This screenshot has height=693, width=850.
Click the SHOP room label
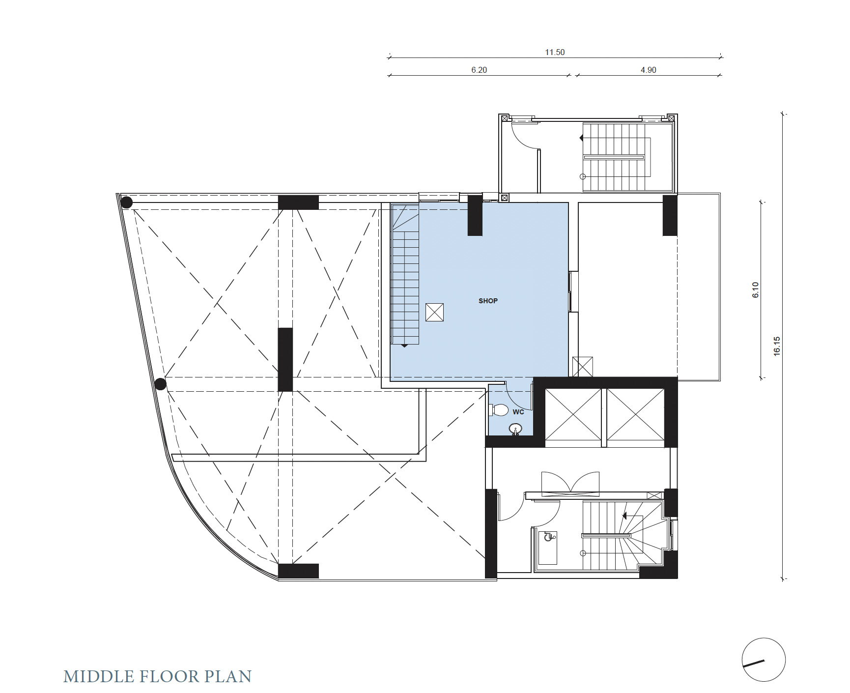point(488,301)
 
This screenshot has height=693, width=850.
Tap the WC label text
point(518,412)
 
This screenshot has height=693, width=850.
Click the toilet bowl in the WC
point(499,409)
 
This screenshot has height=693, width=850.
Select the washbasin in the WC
point(515,429)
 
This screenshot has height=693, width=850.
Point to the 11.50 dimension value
point(555,52)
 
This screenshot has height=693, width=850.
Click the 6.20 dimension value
point(479,70)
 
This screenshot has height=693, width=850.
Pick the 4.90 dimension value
point(649,70)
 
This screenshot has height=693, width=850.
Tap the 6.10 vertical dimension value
point(756,290)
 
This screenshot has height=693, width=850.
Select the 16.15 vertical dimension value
point(777,346)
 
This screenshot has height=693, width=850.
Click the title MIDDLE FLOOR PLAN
point(157,676)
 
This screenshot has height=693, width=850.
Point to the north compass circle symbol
point(764,660)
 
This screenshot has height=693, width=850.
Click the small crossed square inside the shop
point(434,312)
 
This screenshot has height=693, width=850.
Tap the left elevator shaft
point(573,414)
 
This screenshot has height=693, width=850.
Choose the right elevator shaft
point(636,414)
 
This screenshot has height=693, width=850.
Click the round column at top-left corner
point(127,202)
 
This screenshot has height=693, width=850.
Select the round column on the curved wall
point(160,384)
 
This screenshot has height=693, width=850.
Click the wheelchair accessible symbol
point(549,537)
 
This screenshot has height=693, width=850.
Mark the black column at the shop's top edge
point(475,215)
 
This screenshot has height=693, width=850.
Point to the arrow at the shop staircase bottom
point(404,346)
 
